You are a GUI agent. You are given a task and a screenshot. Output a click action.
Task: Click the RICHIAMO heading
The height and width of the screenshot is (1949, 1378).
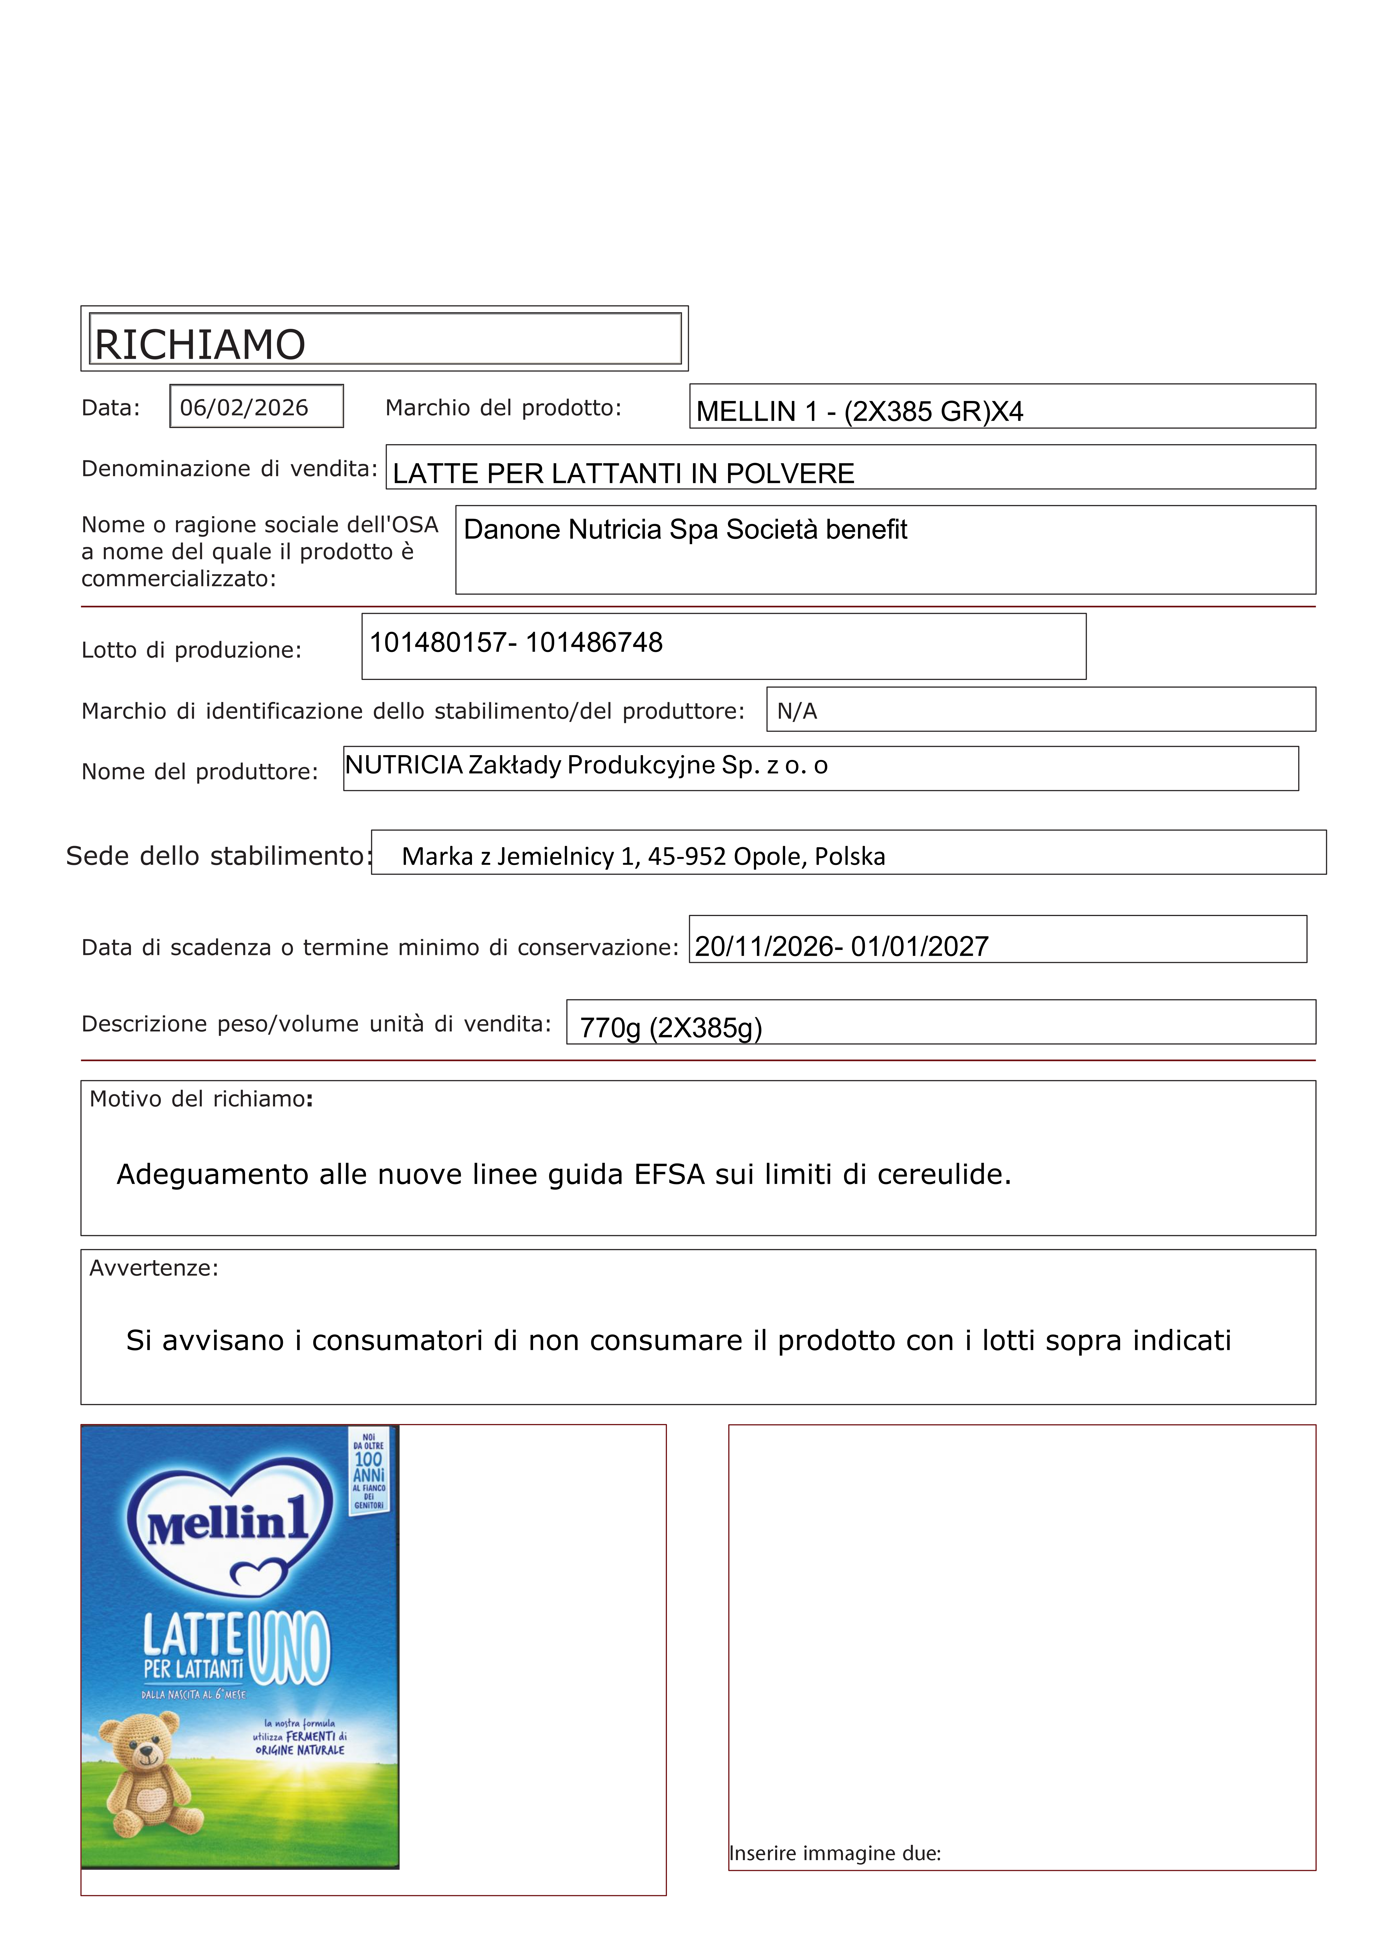coord(200,345)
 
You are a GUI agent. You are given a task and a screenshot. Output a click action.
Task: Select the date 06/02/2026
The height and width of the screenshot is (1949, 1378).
coord(244,407)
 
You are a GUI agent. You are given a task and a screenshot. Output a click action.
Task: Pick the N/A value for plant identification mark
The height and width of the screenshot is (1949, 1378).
coord(797,711)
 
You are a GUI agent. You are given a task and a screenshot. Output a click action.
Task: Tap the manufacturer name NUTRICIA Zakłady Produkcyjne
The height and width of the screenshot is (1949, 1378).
coord(530,766)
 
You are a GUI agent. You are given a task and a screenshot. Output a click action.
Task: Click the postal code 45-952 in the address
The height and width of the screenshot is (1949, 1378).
coord(687,857)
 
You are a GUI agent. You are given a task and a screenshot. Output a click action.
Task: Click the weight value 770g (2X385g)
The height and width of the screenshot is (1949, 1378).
coord(670,1028)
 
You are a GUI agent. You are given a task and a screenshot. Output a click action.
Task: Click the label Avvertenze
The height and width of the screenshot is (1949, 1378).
coord(154,1268)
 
